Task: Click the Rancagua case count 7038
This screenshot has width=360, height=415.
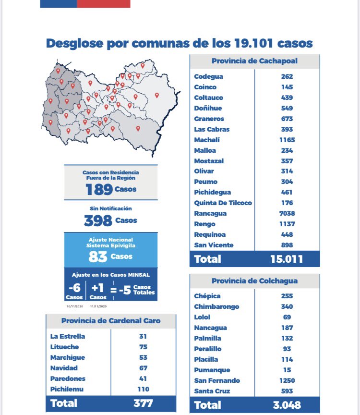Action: point(287,213)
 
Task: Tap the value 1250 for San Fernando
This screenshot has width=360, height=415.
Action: point(287,380)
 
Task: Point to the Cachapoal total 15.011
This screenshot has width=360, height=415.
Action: point(287,259)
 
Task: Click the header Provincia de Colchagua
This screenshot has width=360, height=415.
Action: point(254,281)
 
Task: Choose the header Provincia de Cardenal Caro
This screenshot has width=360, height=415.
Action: point(111,321)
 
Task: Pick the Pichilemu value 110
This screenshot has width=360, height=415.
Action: point(143,389)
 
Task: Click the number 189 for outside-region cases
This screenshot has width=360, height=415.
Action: point(99,190)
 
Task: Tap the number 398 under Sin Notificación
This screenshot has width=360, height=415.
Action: point(98,221)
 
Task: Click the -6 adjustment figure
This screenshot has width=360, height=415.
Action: point(74,289)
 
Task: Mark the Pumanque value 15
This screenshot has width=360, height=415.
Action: point(287,370)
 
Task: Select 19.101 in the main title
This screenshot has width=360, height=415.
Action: point(257,44)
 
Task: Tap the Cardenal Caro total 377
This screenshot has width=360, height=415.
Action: point(143,403)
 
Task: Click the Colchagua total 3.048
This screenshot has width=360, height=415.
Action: point(287,405)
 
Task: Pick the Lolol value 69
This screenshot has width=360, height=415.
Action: point(287,317)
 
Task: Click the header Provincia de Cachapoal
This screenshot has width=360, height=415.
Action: point(254,61)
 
